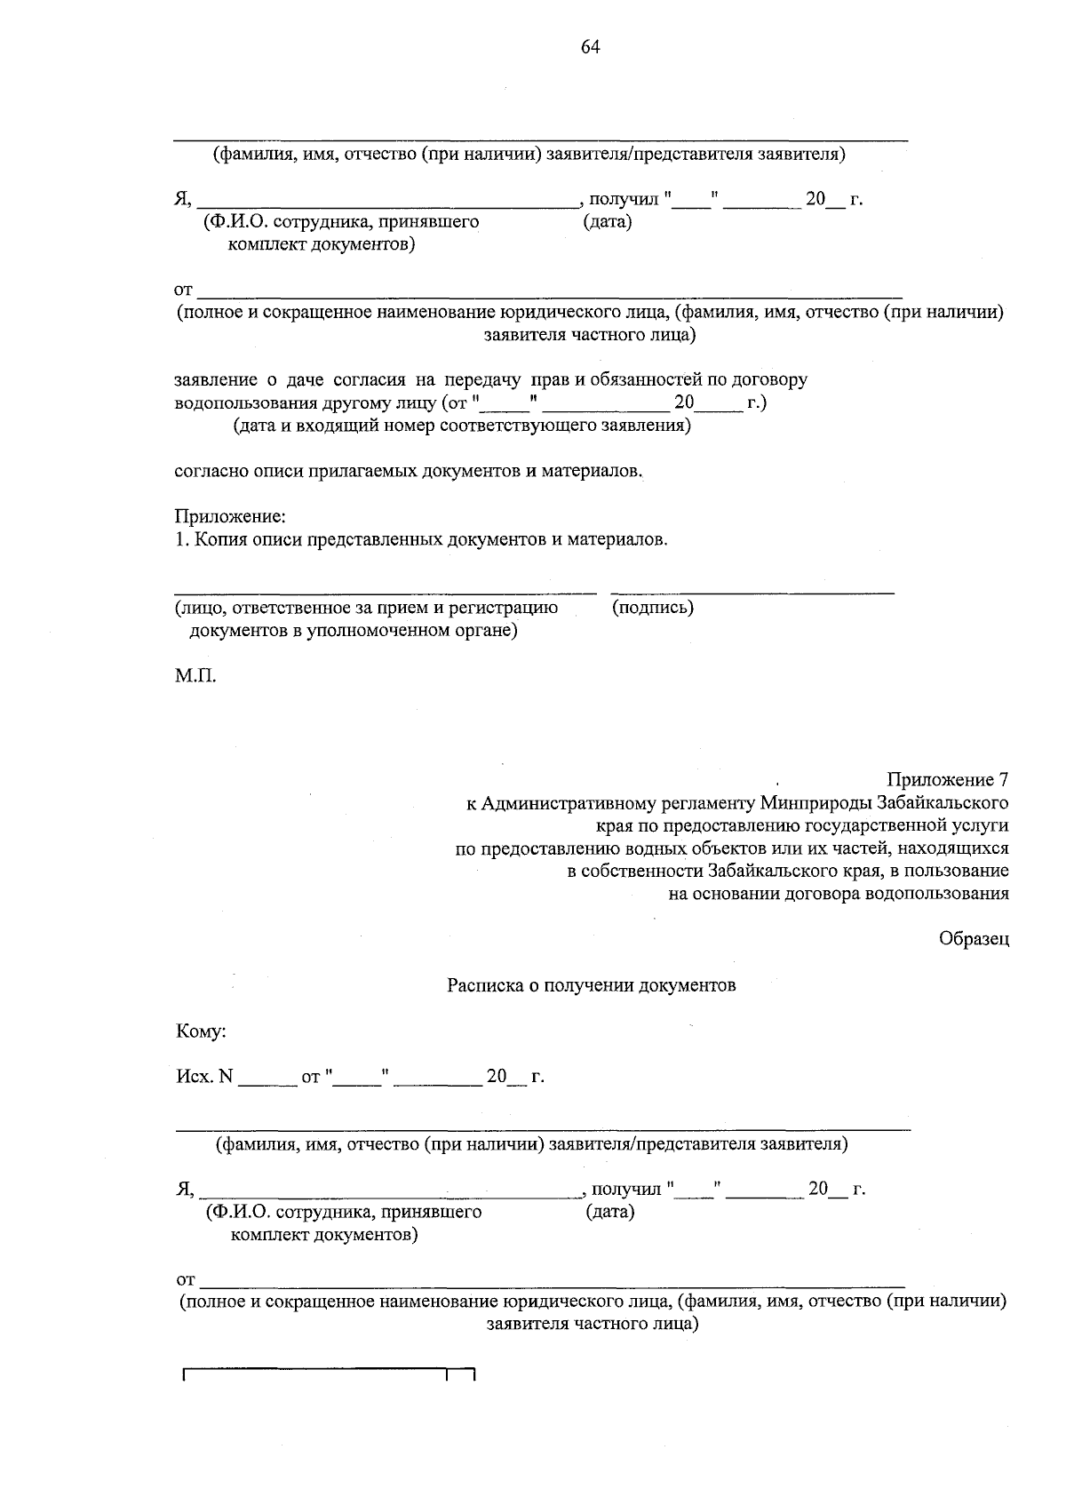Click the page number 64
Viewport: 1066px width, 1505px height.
coord(591,48)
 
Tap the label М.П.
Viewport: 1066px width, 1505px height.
coord(195,676)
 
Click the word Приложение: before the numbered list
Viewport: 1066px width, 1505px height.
coord(230,516)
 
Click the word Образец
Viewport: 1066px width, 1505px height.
coord(975,939)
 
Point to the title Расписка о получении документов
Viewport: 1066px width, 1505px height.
coord(592,985)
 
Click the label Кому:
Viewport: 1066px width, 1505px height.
coord(202,1031)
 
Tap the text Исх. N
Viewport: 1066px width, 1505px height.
coord(204,1077)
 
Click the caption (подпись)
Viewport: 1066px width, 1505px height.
coord(653,608)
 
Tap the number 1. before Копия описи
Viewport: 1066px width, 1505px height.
coord(180,539)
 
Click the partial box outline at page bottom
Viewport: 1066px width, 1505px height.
coord(329,1374)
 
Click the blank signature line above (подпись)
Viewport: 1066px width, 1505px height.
coord(752,592)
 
